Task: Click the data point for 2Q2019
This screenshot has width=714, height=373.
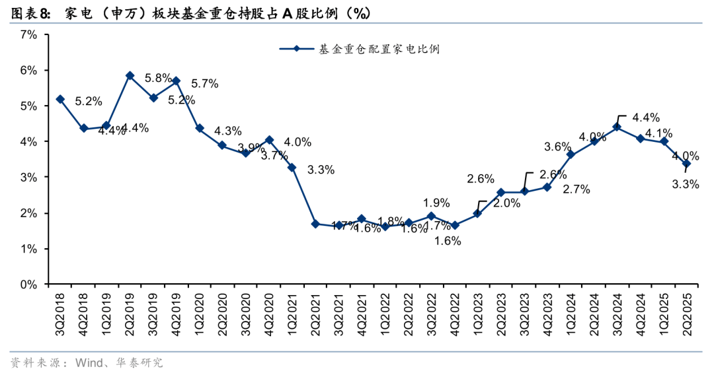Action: (x=130, y=76)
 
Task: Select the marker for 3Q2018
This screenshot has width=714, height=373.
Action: (x=60, y=99)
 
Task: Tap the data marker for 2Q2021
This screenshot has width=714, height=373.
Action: (x=315, y=224)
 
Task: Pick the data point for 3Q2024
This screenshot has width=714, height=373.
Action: (x=617, y=127)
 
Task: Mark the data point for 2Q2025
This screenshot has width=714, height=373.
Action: (x=686, y=163)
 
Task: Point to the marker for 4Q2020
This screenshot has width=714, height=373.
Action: (x=269, y=140)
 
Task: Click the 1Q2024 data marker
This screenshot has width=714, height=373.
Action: (x=571, y=155)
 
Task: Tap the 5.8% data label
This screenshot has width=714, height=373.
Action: (x=158, y=77)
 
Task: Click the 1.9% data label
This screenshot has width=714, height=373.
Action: (x=436, y=203)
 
